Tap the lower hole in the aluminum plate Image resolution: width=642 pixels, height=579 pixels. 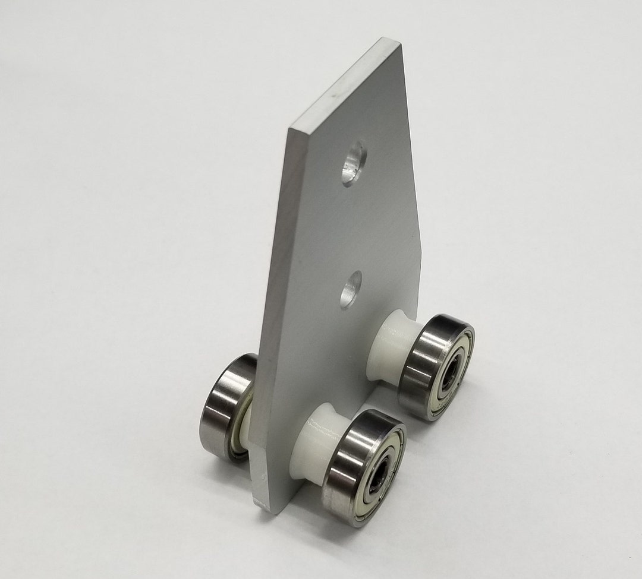pyautogui.click(x=351, y=289)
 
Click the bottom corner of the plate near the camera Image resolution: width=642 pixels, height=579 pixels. pyautogui.click(x=257, y=508)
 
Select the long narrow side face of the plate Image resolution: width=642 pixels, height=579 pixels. pyautogui.click(x=270, y=309)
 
